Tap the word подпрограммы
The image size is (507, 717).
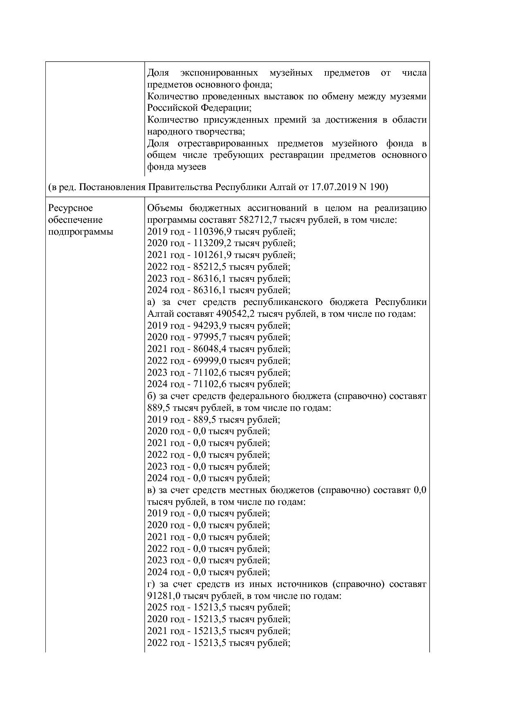click(x=81, y=232)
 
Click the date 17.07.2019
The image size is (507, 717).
click(x=334, y=187)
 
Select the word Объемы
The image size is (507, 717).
click(x=164, y=208)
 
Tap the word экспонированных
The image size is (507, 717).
click(x=219, y=73)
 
